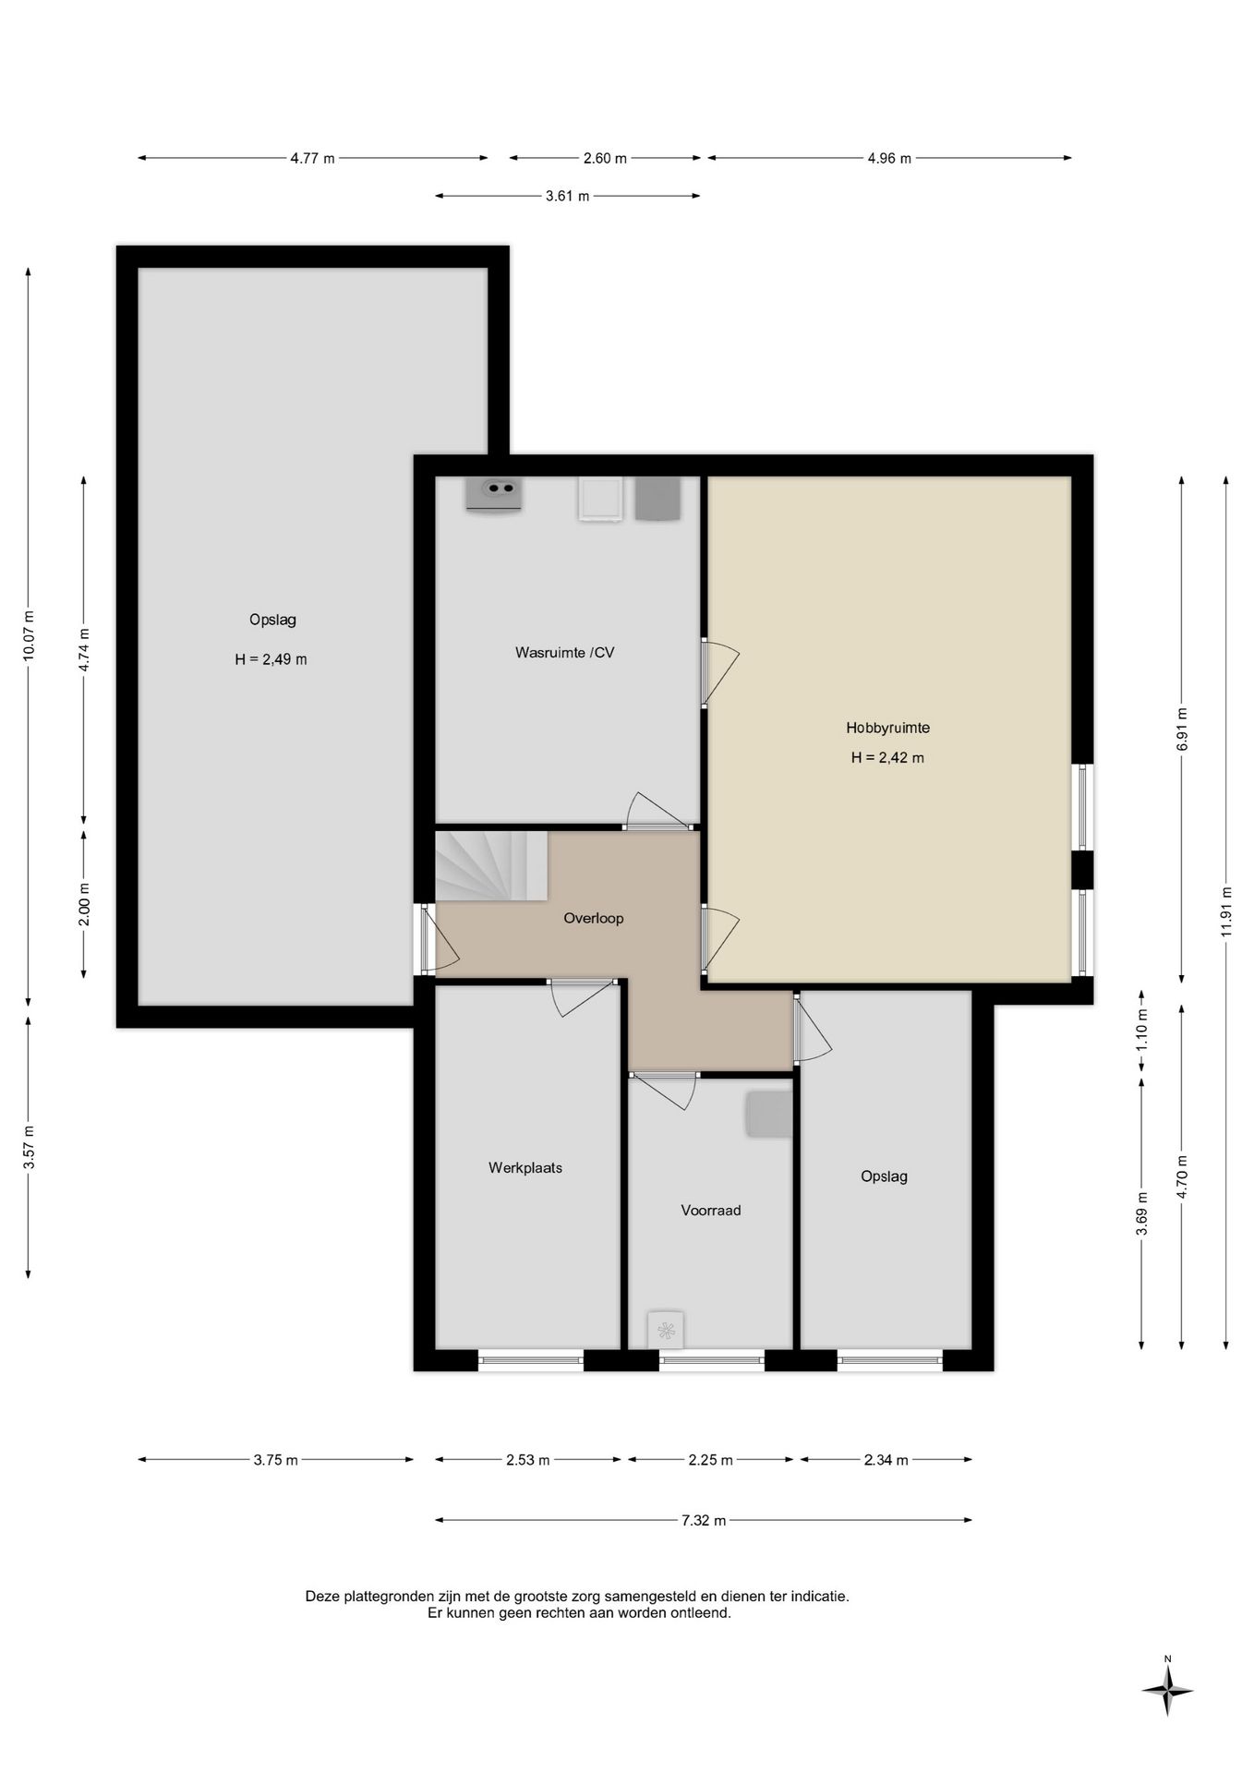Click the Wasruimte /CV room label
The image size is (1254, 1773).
(x=564, y=653)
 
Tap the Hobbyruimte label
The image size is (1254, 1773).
(x=887, y=728)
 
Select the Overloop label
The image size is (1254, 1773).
(x=594, y=919)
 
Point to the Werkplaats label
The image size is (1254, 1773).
(x=525, y=1168)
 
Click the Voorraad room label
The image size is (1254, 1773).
(x=711, y=1211)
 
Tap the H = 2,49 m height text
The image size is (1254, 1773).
(x=271, y=659)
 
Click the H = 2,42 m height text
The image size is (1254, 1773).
(x=887, y=758)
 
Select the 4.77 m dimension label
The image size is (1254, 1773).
(x=312, y=158)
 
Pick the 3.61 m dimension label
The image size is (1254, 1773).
(x=567, y=196)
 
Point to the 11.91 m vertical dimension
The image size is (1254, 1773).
(x=1226, y=911)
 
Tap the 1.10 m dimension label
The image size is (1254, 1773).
(x=1142, y=1031)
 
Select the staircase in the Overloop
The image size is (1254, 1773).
(x=491, y=866)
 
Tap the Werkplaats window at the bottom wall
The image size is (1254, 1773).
(x=531, y=1358)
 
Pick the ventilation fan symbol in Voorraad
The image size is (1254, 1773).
(x=666, y=1331)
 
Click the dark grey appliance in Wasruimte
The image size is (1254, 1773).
(x=657, y=499)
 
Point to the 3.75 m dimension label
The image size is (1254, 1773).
(x=275, y=1460)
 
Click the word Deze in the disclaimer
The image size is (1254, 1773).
(x=323, y=1596)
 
